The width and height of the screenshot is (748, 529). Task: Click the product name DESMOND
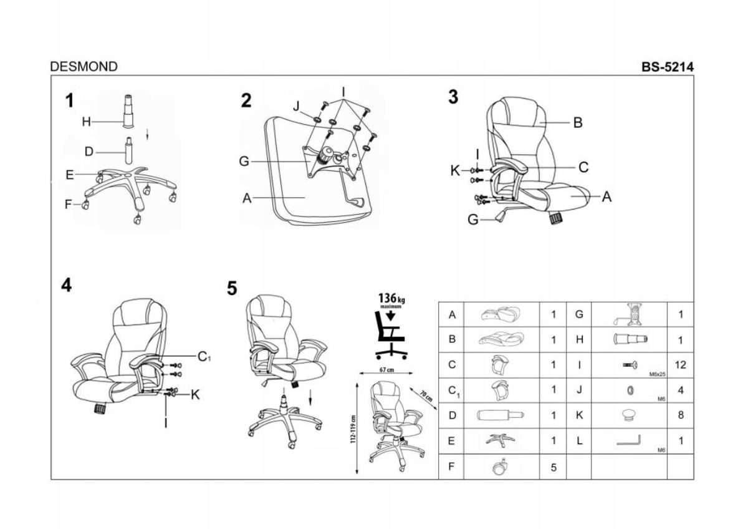pyautogui.click(x=84, y=67)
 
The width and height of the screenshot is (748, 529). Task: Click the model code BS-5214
pyautogui.click(x=668, y=67)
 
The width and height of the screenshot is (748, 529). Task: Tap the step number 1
pyautogui.click(x=70, y=100)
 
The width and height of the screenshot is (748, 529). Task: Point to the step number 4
pyautogui.click(x=67, y=285)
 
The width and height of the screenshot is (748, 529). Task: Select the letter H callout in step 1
pyautogui.click(x=87, y=122)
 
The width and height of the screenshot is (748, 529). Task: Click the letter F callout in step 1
pyautogui.click(x=69, y=204)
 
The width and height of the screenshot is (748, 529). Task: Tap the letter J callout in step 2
pyautogui.click(x=297, y=106)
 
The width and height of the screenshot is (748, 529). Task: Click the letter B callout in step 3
pyautogui.click(x=578, y=123)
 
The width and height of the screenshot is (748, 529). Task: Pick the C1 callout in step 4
pyautogui.click(x=204, y=357)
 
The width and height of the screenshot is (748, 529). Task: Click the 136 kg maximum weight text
pyautogui.click(x=391, y=299)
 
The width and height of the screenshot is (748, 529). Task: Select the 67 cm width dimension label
pyautogui.click(x=387, y=370)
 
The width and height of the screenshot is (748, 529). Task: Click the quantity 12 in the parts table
pyautogui.click(x=680, y=365)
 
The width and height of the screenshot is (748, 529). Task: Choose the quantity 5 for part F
pyautogui.click(x=553, y=467)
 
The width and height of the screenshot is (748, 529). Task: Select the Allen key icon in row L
pyautogui.click(x=628, y=441)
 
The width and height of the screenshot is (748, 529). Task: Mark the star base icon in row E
pyautogui.click(x=501, y=440)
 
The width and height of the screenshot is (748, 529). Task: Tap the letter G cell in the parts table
pyautogui.click(x=579, y=314)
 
